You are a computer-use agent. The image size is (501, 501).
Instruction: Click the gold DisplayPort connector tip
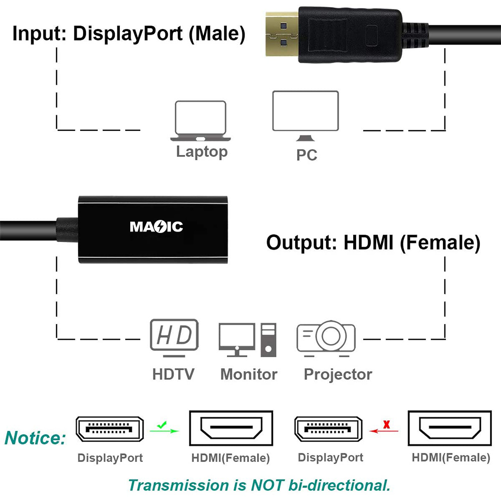point(282,34)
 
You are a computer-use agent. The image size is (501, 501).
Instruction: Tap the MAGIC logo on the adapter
point(156,227)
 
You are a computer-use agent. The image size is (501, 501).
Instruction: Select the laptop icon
point(200,121)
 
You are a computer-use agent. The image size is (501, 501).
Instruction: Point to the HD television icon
point(174,338)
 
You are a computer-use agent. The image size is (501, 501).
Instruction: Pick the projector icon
point(326,339)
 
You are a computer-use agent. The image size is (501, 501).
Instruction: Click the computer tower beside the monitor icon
point(269,340)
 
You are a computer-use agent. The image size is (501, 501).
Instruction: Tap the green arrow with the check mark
point(164,429)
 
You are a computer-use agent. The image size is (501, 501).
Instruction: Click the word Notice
point(35,438)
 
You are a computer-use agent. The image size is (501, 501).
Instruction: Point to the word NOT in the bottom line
point(267,485)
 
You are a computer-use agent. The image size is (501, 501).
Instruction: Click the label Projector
point(338,374)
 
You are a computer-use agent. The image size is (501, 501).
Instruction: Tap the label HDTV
point(173,374)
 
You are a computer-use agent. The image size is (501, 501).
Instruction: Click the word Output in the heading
point(302,242)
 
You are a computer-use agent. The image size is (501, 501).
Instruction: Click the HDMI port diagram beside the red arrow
point(450,428)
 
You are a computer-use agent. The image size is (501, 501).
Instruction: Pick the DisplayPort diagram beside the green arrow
point(110,429)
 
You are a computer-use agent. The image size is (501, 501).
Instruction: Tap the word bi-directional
point(339,485)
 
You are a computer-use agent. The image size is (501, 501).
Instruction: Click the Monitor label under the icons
point(249,374)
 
